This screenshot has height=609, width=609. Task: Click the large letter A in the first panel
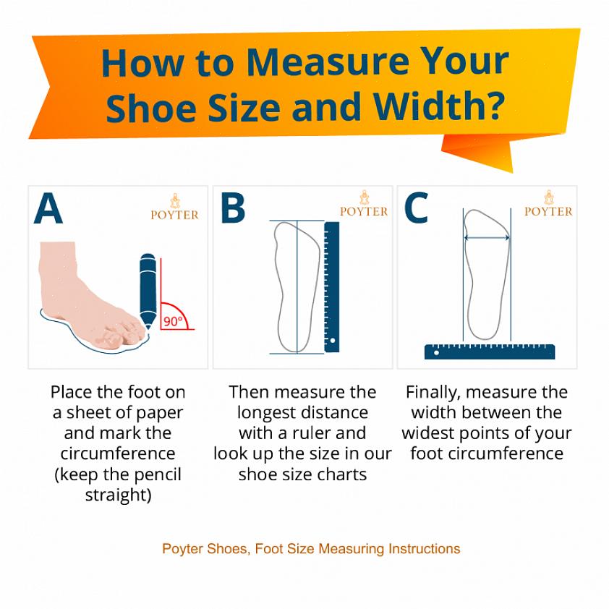[x=48, y=208]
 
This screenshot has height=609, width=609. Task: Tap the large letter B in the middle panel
[x=233, y=208]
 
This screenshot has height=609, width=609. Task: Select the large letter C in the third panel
[x=416, y=208]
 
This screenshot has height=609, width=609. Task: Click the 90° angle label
[x=173, y=322]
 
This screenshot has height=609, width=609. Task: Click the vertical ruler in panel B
[x=332, y=287]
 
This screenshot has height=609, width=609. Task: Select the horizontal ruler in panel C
[x=490, y=352]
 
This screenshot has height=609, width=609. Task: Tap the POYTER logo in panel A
[x=175, y=208]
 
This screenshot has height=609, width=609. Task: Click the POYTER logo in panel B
[x=364, y=204]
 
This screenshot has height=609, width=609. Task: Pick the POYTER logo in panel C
[x=548, y=204]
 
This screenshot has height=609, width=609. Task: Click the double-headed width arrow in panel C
[x=487, y=238]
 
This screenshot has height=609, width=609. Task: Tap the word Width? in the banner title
[x=439, y=106]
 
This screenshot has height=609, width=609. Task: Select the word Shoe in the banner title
[x=151, y=106]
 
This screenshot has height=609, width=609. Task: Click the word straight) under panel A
[x=118, y=495]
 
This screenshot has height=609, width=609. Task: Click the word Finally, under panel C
[x=433, y=393]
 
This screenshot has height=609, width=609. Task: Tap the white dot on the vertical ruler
[x=333, y=341]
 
